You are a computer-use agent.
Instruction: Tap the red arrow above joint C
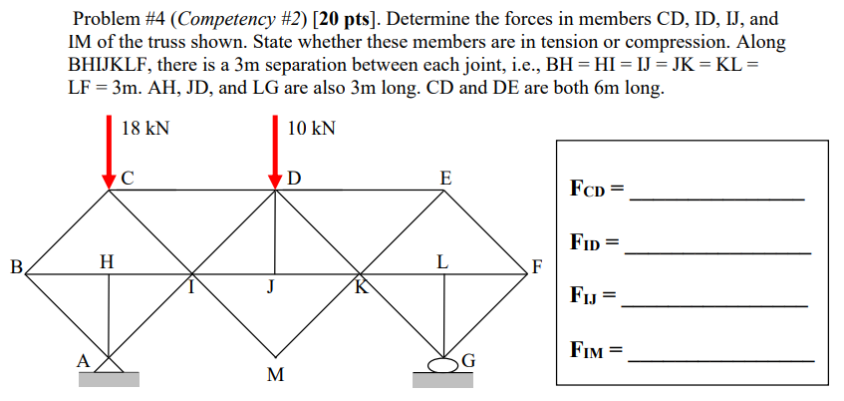(110, 151)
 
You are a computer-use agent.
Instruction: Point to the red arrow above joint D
(276, 151)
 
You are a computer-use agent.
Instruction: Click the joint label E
(444, 179)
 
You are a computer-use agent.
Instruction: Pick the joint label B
(15, 267)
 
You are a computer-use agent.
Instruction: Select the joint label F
(538, 267)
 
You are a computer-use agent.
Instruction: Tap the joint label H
(107, 261)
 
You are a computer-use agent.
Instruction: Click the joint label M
(276, 376)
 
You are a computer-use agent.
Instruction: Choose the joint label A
(85, 359)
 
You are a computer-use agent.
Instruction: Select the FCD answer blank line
(717, 200)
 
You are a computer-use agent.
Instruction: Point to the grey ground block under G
(443, 379)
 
